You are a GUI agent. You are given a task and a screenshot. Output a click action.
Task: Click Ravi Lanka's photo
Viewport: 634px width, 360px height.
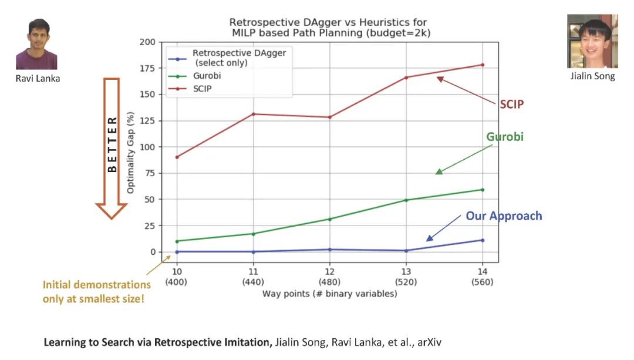pyautogui.click(x=36, y=44)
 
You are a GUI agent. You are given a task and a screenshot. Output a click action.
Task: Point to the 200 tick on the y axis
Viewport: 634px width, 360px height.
pyautogui.click(x=147, y=42)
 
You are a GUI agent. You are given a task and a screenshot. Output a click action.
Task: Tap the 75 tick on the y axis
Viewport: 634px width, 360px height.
pyautogui.click(x=150, y=173)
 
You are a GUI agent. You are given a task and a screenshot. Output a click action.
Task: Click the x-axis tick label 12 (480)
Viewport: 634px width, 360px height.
pyautogui.click(x=329, y=277)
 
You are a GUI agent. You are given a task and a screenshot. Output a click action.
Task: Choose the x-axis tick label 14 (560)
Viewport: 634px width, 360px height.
pyautogui.click(x=483, y=277)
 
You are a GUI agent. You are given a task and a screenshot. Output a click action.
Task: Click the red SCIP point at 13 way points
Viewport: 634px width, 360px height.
pyautogui.click(x=406, y=78)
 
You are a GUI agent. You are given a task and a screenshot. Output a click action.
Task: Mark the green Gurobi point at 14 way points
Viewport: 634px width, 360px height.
pyautogui.click(x=483, y=190)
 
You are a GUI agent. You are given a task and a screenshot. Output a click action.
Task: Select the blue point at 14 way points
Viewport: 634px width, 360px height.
pyautogui.click(x=483, y=240)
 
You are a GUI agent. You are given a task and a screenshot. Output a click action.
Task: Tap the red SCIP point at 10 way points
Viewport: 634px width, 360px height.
pyautogui.click(x=176, y=157)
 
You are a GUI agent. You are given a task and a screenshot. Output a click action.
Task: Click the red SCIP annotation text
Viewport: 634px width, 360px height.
pyautogui.click(x=511, y=105)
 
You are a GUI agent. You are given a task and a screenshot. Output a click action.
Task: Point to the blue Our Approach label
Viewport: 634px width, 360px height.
pyautogui.click(x=504, y=216)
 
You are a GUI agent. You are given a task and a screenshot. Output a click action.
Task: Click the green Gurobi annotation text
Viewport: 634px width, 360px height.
pyautogui.click(x=504, y=137)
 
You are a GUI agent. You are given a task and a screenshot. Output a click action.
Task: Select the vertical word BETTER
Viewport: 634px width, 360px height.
pyautogui.click(x=112, y=144)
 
